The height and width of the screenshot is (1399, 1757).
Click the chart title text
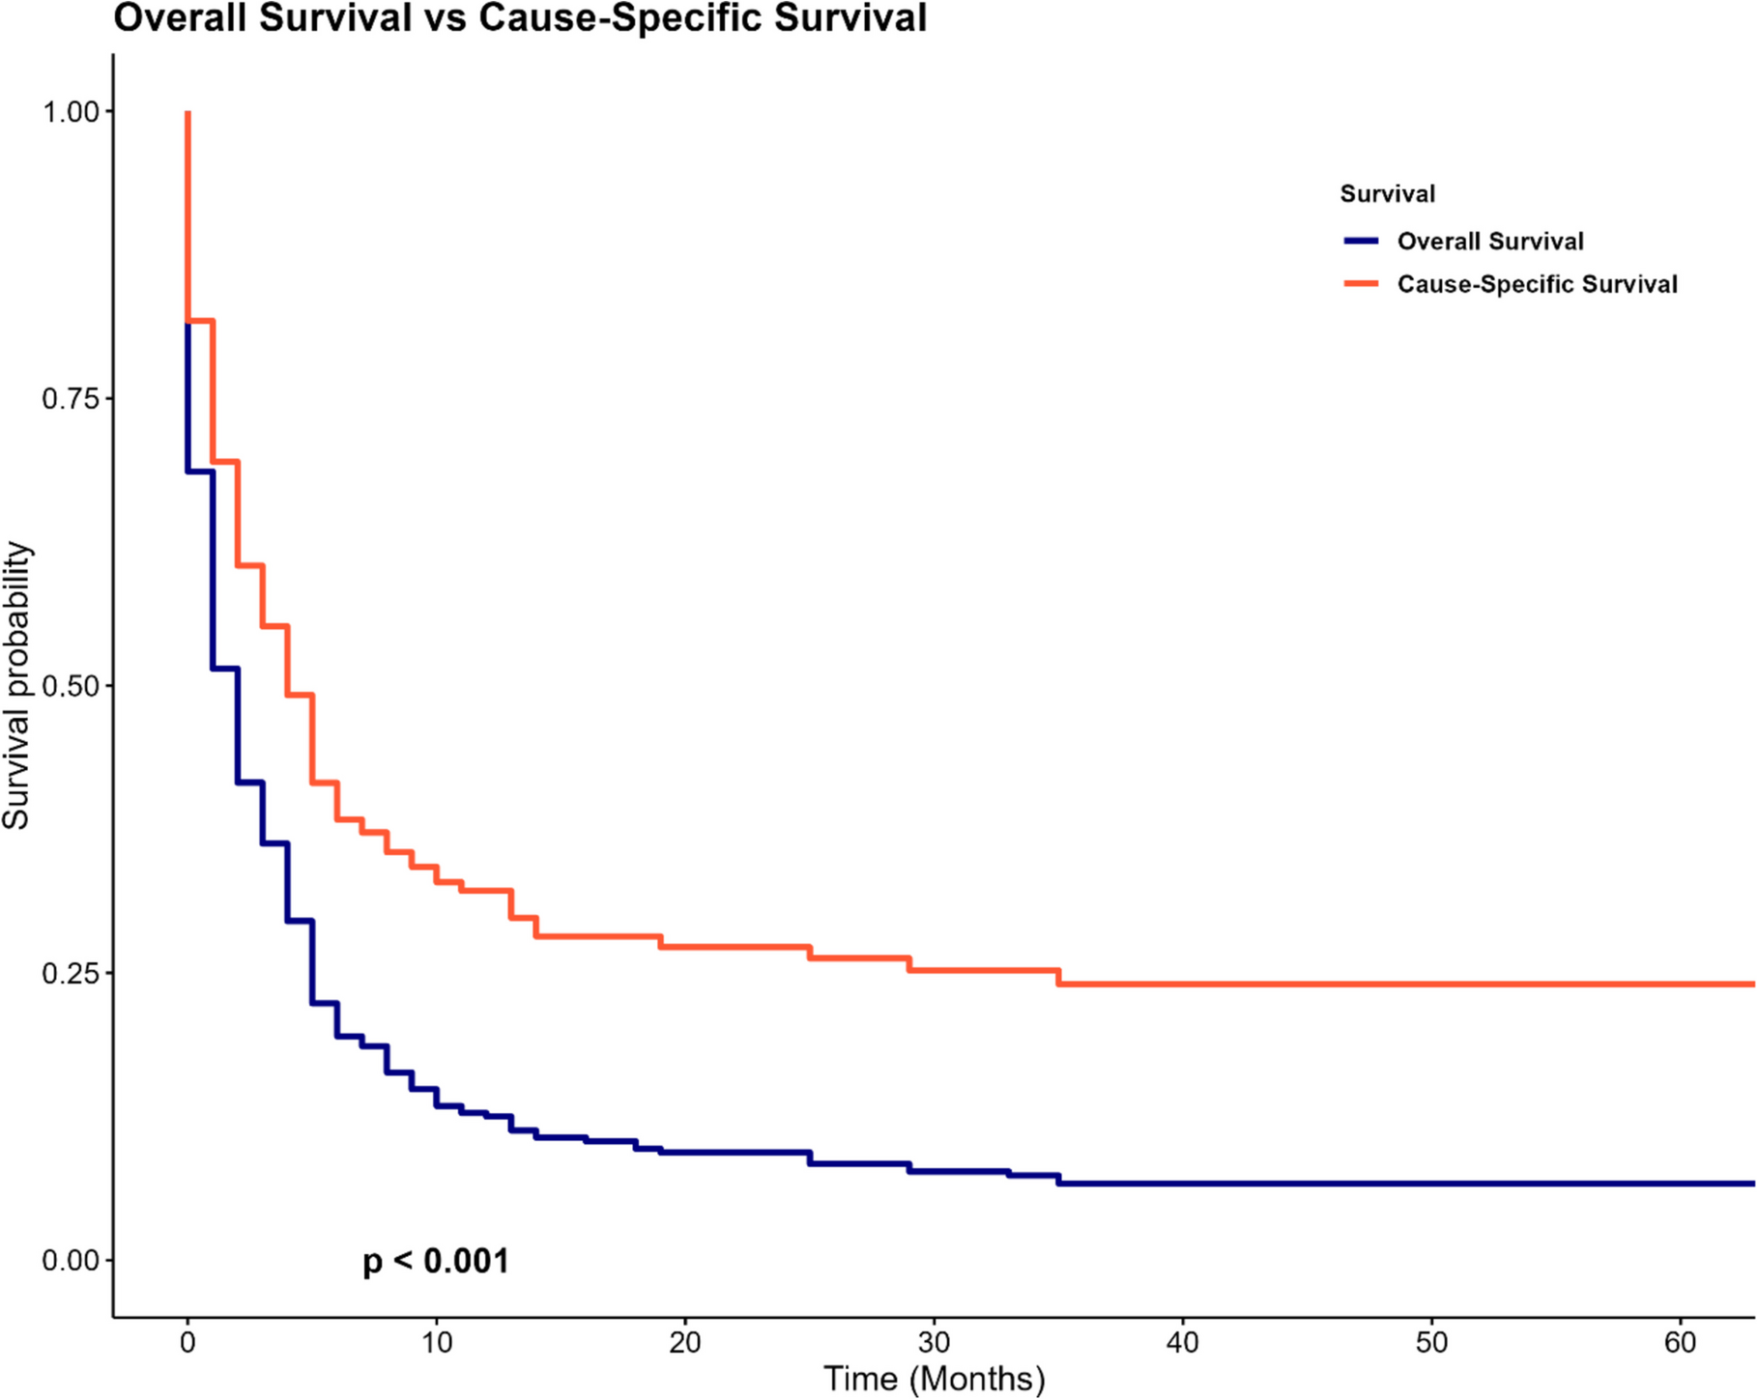pos(520,17)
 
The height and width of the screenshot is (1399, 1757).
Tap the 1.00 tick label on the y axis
pos(71,112)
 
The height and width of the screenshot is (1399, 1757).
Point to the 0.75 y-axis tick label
pos(71,399)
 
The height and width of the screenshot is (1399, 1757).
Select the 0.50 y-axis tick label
pos(71,686)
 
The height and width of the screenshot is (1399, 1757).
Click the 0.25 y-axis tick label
pos(71,973)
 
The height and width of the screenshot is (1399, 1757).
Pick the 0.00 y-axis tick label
pos(71,1260)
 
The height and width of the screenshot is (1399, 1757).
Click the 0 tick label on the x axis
pos(187,1342)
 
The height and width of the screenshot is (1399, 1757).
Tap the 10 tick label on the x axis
pos(437,1342)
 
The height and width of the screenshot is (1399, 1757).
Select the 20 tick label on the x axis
pos(685,1342)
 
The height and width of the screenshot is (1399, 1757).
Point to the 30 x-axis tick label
pos(935,1342)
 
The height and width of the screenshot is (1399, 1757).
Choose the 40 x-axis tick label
pos(1183,1342)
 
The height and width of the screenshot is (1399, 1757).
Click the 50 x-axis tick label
pos(1432,1342)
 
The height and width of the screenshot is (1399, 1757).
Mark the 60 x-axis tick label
pos(1681,1342)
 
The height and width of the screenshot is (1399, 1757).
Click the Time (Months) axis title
pos(934,1379)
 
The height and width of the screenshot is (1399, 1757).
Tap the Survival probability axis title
pos(17,686)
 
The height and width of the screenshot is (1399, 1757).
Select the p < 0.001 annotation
pos(436,1261)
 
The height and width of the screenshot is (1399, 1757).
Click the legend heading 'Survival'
pos(1387,194)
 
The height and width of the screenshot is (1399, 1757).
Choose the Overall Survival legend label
pos(1489,242)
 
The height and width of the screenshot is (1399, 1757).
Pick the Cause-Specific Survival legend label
pos(1537,284)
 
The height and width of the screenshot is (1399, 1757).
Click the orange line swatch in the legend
pos(1361,284)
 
